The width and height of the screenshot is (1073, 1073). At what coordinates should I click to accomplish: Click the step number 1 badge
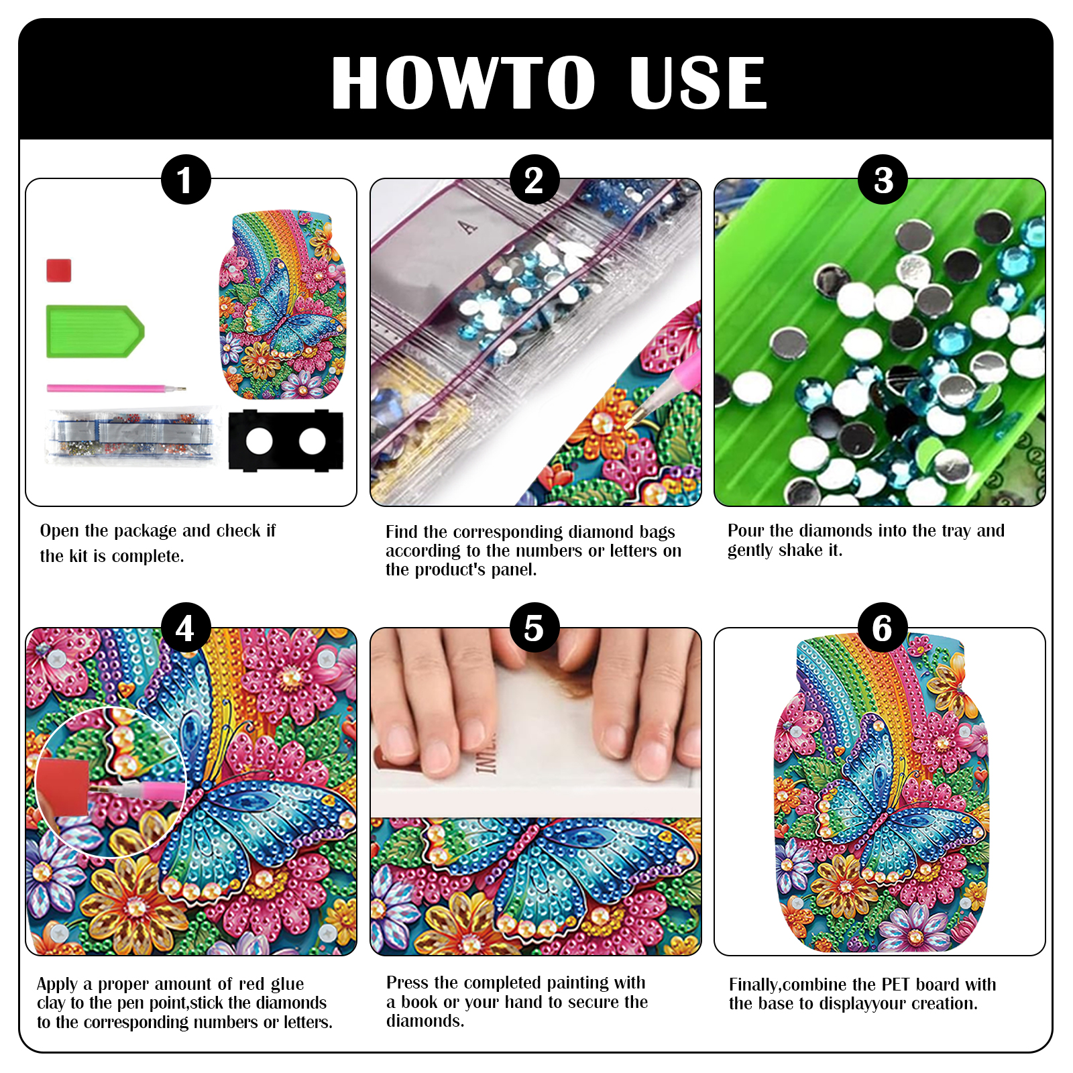pos(186,180)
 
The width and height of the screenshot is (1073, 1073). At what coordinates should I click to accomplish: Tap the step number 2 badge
pos(534,180)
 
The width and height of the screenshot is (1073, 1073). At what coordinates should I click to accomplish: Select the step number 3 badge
pos(883,180)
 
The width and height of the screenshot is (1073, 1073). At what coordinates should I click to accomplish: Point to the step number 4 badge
pos(186,628)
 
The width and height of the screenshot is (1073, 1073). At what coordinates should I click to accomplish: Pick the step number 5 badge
pos(534,628)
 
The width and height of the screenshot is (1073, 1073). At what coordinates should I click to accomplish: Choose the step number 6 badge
pos(883,628)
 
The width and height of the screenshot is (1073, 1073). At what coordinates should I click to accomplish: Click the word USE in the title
pos(698,83)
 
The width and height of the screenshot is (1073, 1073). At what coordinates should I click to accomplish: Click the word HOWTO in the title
pos(463,83)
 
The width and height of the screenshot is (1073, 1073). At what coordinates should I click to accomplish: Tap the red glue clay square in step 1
pos(59,271)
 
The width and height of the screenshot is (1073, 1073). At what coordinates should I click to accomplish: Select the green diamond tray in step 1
pos(95,331)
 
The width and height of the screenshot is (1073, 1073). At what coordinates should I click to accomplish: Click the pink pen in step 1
pos(115,388)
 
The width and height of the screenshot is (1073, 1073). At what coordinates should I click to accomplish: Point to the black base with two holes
pos(286,441)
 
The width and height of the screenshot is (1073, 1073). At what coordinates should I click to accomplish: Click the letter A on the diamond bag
pos(468,228)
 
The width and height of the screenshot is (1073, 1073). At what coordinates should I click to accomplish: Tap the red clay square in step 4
pos(63,787)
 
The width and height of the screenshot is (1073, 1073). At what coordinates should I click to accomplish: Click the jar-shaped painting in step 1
pos(283,305)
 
